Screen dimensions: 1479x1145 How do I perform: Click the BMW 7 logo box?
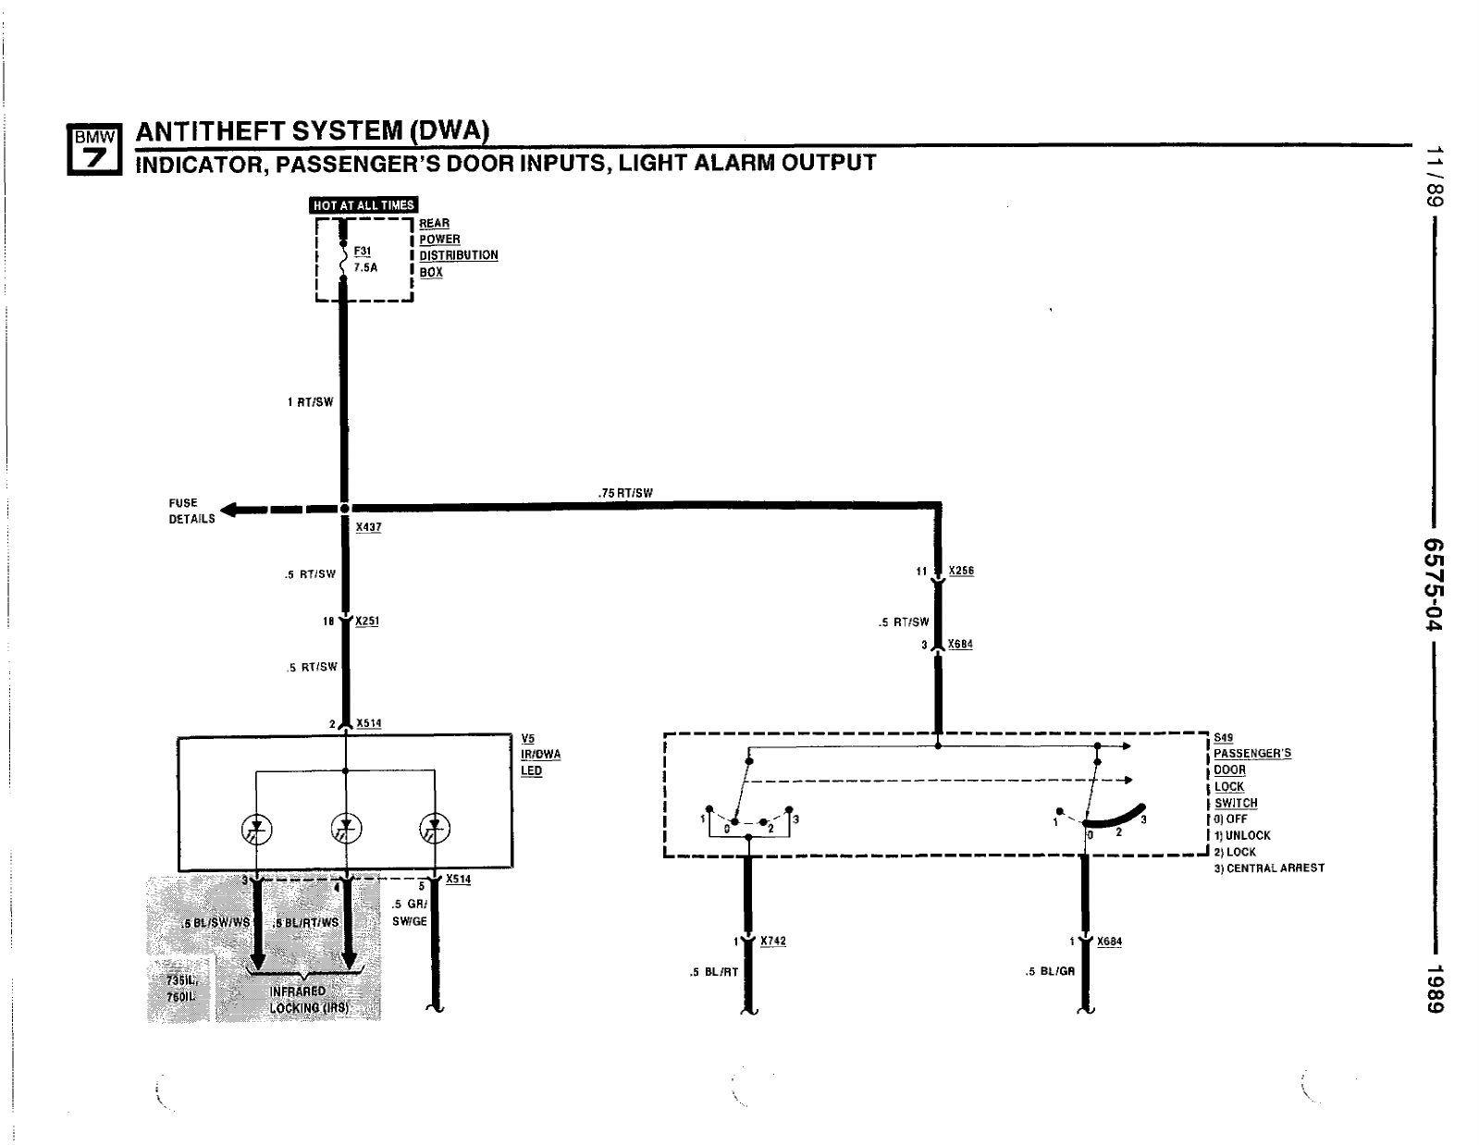click(x=94, y=150)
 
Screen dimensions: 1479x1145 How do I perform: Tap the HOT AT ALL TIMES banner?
click(x=364, y=204)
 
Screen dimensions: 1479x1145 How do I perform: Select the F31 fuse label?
click(x=362, y=252)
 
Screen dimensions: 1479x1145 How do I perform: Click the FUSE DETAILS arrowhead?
click(x=228, y=510)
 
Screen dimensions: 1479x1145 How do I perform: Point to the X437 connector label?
click(x=368, y=527)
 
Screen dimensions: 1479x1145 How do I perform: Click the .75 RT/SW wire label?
click(x=625, y=493)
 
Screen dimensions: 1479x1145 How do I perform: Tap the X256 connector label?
click(x=961, y=571)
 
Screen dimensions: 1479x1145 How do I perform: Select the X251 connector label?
click(x=367, y=622)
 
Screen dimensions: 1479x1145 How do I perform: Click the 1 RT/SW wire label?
click(x=311, y=402)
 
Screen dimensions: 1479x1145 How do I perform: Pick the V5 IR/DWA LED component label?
click(x=541, y=755)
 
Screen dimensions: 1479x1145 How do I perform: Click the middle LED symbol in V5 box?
click(x=346, y=828)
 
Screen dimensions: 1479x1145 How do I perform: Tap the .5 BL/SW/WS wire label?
click(x=216, y=923)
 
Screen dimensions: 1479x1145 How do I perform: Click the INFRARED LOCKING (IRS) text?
click(x=308, y=1000)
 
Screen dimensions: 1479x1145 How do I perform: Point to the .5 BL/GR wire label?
click(x=1050, y=971)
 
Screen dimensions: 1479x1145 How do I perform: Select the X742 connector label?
click(x=773, y=941)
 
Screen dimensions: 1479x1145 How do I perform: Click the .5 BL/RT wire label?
click(x=713, y=972)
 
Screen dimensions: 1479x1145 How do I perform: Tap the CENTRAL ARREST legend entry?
click(x=1269, y=868)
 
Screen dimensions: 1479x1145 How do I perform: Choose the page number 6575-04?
click(x=1434, y=585)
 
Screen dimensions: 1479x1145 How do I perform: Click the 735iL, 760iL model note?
click(x=181, y=989)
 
